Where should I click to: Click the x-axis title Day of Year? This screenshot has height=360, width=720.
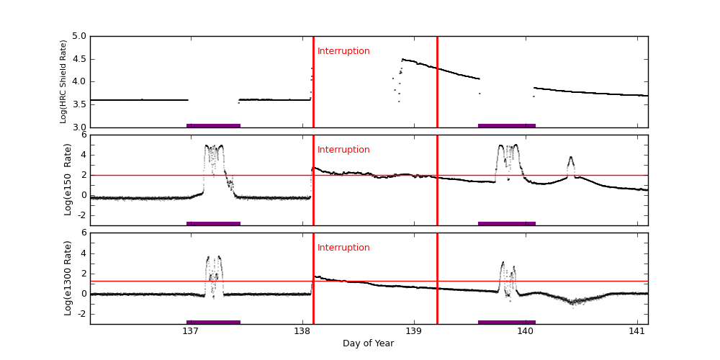pos(368,343)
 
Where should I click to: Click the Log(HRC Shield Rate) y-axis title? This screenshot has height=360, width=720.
pos(63,81)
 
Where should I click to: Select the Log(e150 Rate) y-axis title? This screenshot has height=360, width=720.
pos(68,179)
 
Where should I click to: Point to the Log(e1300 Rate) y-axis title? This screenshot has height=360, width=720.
pos(68,278)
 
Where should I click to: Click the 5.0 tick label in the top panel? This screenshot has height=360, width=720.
pos(78,36)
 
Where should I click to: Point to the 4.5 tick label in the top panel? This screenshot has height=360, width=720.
pos(78,59)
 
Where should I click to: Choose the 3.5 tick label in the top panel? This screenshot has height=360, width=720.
pos(78,105)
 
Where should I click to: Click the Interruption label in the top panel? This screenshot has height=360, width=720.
pos(343,51)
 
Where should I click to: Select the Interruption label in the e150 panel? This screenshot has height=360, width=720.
pos(343,150)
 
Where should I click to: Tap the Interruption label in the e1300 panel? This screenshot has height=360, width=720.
pos(343,248)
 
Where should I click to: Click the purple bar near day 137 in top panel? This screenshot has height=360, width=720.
pos(213,125)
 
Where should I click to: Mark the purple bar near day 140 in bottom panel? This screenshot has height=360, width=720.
pos(507,322)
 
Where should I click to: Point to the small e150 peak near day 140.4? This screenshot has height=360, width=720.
pos(571,158)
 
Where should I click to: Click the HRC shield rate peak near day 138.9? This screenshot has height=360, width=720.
pos(402,59)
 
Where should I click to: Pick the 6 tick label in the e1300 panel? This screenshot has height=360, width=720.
pos(84,233)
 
